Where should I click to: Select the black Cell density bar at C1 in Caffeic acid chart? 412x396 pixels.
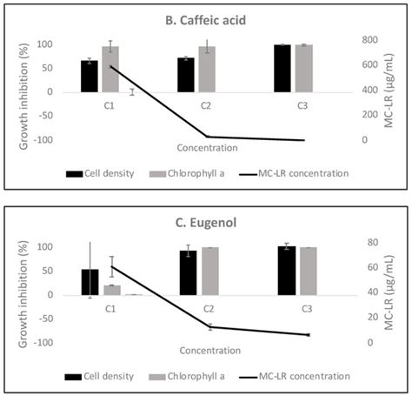[88, 76]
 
